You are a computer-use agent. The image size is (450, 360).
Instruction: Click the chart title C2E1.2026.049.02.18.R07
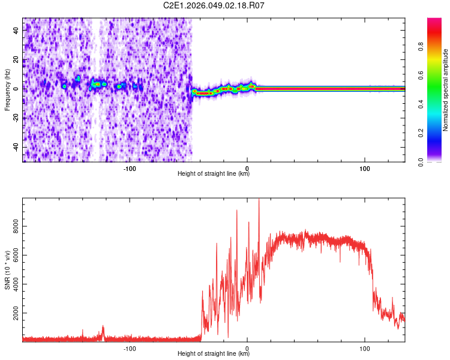(214, 5)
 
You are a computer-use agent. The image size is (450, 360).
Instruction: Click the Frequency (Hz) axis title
(7, 90)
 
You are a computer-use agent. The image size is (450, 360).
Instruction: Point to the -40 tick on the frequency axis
(16, 147)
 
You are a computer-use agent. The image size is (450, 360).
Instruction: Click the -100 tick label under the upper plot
(130, 167)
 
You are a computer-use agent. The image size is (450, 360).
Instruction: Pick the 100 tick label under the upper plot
(364, 167)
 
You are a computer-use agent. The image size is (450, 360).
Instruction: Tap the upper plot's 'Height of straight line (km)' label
(214, 174)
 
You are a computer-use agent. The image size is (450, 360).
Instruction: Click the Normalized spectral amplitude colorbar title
(445, 90)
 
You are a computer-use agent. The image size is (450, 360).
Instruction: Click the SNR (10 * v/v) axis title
(7, 270)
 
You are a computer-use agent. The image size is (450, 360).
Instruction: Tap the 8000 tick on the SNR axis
(13, 226)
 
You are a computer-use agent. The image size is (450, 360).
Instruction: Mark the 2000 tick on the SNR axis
(13, 313)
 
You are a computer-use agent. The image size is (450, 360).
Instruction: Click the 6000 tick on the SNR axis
(13, 255)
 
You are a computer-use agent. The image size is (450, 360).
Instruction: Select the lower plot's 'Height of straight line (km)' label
(214, 354)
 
